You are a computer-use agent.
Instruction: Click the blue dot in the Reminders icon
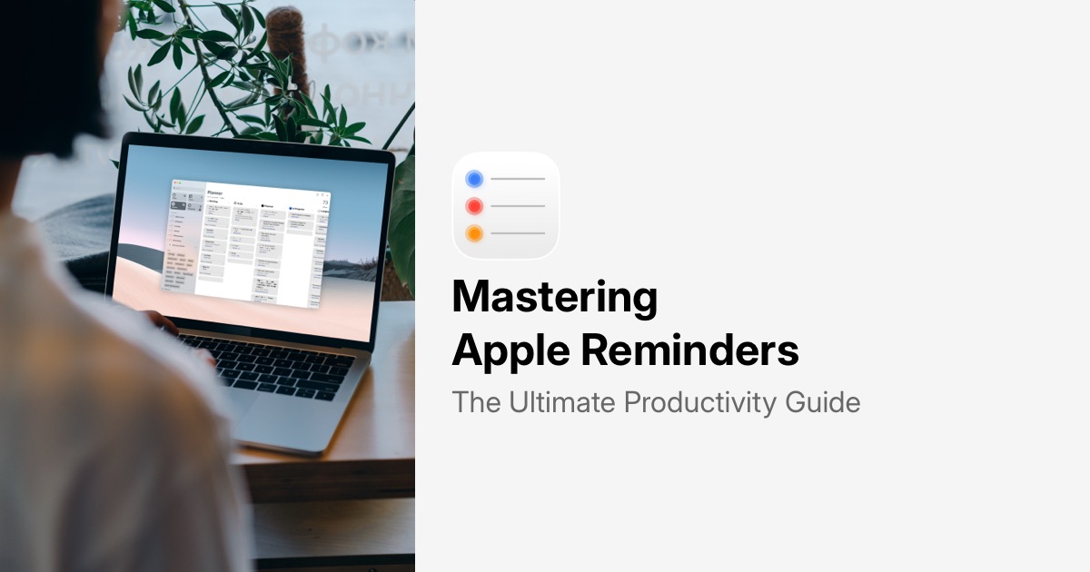474,180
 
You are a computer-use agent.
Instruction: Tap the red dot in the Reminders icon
474,207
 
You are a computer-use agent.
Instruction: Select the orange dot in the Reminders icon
474,234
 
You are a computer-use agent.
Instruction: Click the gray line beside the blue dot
518,180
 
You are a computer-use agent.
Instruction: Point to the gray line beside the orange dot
518,234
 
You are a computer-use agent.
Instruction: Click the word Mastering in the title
554,298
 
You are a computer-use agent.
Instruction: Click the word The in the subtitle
476,402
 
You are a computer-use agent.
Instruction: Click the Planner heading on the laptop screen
214,192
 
